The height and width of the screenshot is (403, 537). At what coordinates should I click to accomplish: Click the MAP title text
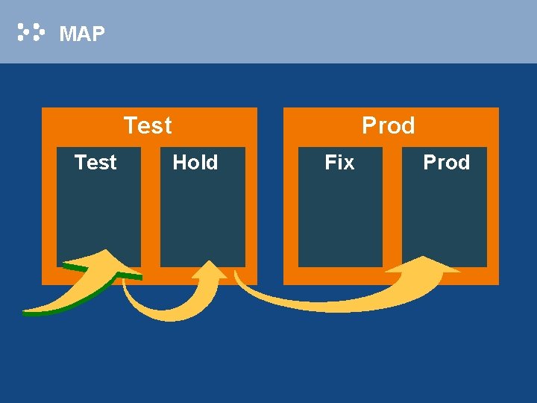(x=82, y=34)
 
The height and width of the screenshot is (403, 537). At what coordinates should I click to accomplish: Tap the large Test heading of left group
(x=148, y=125)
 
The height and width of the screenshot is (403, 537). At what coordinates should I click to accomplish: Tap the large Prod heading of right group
(x=388, y=125)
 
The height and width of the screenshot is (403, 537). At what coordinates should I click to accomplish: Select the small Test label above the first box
(x=95, y=162)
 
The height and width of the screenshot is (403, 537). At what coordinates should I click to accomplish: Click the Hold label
(x=195, y=162)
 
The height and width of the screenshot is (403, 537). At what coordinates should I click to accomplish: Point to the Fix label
(x=339, y=162)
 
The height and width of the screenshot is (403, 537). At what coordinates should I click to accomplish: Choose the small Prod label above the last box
(x=446, y=162)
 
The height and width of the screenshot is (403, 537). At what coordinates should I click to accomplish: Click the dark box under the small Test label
(x=98, y=216)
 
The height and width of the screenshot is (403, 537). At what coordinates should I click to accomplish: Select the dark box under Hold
(x=202, y=216)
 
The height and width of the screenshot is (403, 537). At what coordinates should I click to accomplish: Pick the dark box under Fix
(x=340, y=216)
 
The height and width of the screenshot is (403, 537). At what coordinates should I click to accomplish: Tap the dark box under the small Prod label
(x=445, y=216)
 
